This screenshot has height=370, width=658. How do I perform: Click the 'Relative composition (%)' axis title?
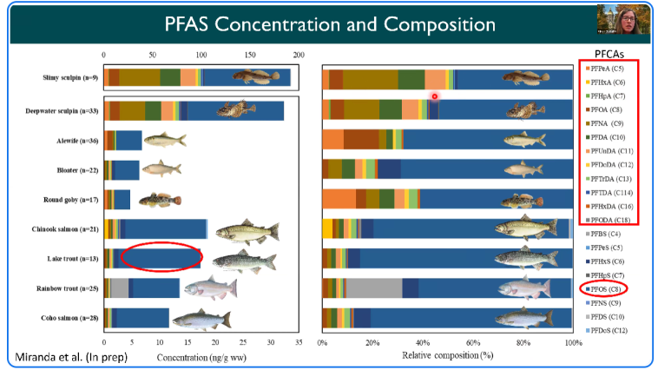point(448,357)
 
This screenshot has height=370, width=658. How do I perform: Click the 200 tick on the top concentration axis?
point(299,54)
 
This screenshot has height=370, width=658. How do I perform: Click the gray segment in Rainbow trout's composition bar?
point(375,288)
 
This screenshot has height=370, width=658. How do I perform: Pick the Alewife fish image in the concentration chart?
point(164,140)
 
